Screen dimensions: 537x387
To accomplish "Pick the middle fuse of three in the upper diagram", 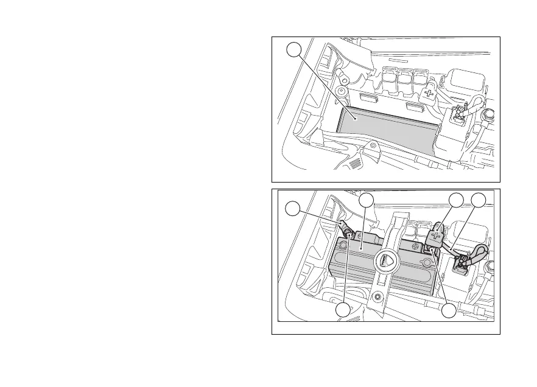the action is [404, 78].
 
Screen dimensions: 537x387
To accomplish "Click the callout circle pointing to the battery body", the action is [366, 201].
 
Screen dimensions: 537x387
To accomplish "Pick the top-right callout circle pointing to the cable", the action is [480, 201].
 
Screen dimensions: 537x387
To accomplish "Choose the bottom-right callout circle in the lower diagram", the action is [449, 310].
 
